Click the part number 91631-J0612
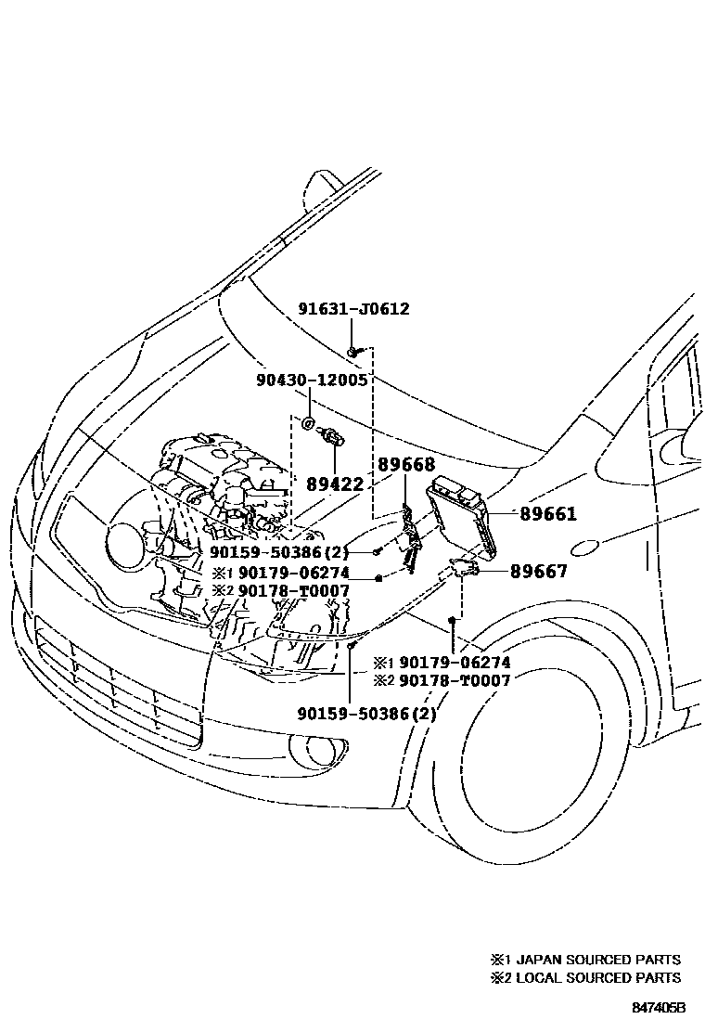click(353, 310)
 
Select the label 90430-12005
click(312, 381)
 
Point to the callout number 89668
click(405, 466)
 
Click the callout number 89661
click(547, 513)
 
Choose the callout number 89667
click(538, 572)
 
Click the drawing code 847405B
click(659, 1007)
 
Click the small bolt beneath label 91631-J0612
click(354, 351)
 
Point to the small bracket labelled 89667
click(464, 570)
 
